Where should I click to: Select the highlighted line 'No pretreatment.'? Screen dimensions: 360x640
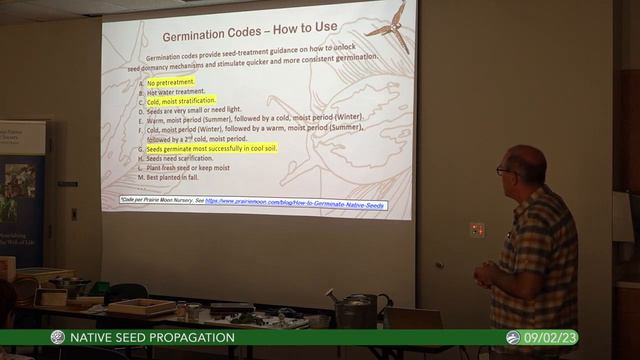tap(170, 82)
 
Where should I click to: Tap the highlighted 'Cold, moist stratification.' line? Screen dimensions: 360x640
tap(180, 101)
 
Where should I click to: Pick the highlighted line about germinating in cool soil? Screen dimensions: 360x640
tap(211, 148)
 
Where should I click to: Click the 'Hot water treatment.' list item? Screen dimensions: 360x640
tap(175, 91)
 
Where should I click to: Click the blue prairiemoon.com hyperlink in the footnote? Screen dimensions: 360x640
tap(295, 204)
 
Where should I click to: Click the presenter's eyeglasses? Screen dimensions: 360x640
tap(502, 171)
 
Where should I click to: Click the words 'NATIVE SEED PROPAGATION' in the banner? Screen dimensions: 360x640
tap(152, 338)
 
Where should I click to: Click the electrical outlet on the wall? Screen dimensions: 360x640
tap(477, 230)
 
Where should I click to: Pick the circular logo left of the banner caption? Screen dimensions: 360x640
tap(58, 338)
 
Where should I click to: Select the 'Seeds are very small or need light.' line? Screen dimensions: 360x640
tap(194, 110)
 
